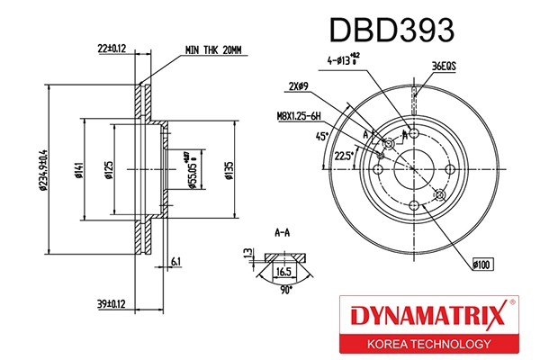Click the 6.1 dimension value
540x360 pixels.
click(x=175, y=261)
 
